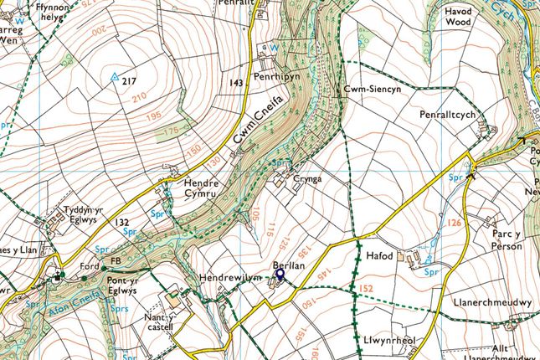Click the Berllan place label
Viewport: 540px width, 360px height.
[287, 264]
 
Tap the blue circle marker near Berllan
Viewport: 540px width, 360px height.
[280, 272]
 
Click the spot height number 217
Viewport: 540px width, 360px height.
[128, 81]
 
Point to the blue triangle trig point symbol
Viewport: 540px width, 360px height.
[114, 77]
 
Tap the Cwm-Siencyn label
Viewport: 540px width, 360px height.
[365, 88]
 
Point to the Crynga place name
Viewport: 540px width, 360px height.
[308, 178]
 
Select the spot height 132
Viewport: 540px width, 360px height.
[121, 221]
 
